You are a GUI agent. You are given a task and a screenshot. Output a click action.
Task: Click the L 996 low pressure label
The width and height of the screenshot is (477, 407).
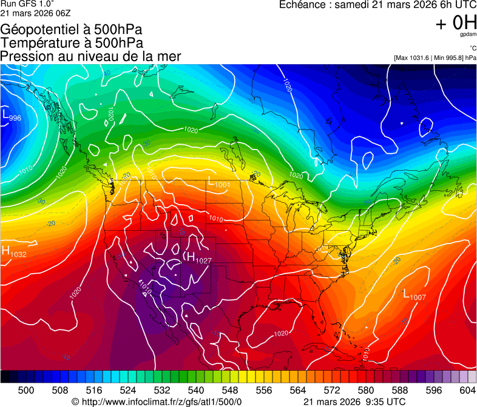[x=12, y=116]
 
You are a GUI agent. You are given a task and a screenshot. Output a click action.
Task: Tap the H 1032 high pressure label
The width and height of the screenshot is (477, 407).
[x=14, y=252]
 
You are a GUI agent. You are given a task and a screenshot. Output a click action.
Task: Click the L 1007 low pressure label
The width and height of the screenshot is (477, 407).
[x=415, y=296]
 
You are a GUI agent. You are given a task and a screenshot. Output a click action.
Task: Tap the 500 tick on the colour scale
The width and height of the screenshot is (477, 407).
[x=26, y=389]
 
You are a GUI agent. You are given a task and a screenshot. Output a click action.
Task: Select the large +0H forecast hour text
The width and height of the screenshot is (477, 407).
[x=456, y=23]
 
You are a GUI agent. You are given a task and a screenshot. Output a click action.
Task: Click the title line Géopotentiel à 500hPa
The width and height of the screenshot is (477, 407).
[x=72, y=29]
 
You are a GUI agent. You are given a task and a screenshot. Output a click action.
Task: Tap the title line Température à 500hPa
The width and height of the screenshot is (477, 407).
[x=72, y=42]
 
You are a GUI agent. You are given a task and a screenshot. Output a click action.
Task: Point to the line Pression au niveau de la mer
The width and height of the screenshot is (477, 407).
[x=90, y=56]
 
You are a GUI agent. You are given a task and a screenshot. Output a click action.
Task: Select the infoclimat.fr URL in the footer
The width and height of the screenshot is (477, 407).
[x=157, y=402]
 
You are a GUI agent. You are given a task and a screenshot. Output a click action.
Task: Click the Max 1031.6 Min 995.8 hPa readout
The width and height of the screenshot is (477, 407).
[x=435, y=58]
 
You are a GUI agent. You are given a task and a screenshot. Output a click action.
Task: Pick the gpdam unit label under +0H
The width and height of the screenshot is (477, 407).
[x=467, y=35]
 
